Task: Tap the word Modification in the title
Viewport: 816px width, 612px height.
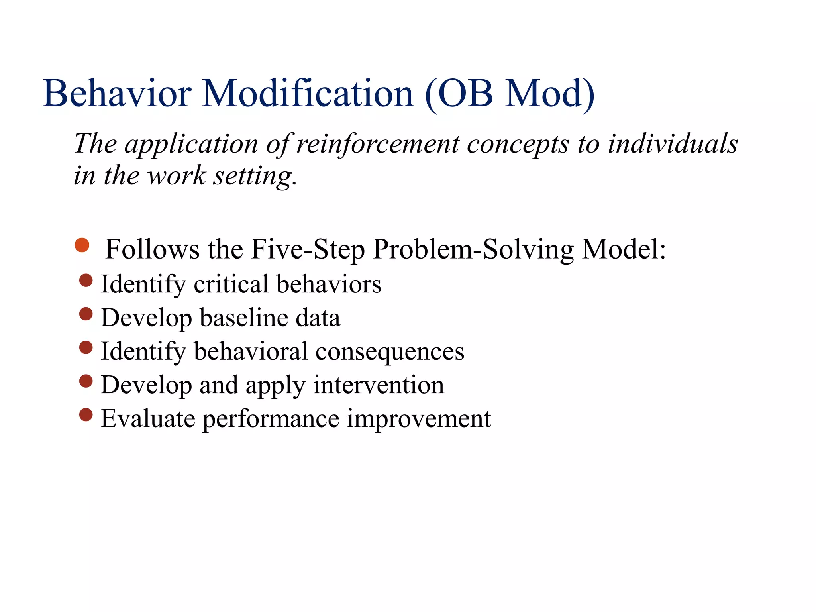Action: (308, 94)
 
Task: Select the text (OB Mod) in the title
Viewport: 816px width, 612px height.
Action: (510, 94)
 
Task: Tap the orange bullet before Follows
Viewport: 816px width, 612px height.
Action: (82, 245)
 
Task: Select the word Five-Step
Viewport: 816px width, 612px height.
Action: (308, 250)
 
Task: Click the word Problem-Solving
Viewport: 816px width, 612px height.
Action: (473, 250)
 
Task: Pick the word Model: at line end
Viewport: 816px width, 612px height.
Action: (624, 250)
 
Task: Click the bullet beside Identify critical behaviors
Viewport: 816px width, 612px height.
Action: (86, 280)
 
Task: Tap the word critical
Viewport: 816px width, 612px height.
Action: (231, 284)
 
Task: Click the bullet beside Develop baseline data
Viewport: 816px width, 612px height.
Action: (86, 314)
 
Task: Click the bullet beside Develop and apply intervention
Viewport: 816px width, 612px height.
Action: (86, 381)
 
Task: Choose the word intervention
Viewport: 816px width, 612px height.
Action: (379, 386)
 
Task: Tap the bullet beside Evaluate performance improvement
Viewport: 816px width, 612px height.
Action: (86, 415)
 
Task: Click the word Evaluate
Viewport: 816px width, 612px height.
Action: (148, 419)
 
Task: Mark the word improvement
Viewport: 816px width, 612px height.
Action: (418, 419)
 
